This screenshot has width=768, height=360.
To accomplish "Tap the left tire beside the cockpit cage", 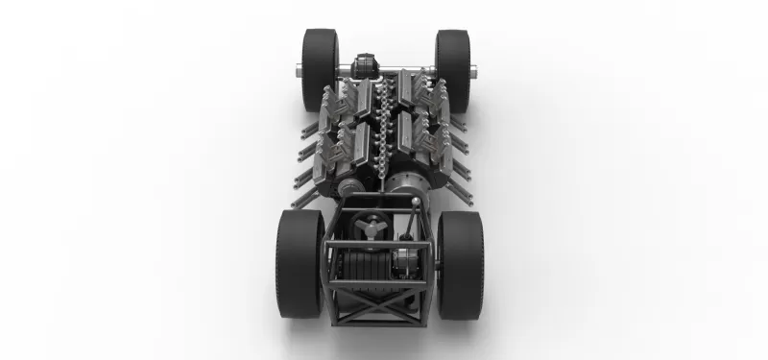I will click(300, 264).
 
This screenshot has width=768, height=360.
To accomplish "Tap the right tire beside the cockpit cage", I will click(461, 264).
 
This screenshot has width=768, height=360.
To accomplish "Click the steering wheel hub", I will click(367, 228).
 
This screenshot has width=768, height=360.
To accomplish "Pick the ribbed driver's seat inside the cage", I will click(365, 264).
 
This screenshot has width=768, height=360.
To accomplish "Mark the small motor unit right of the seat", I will click(414, 261).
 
